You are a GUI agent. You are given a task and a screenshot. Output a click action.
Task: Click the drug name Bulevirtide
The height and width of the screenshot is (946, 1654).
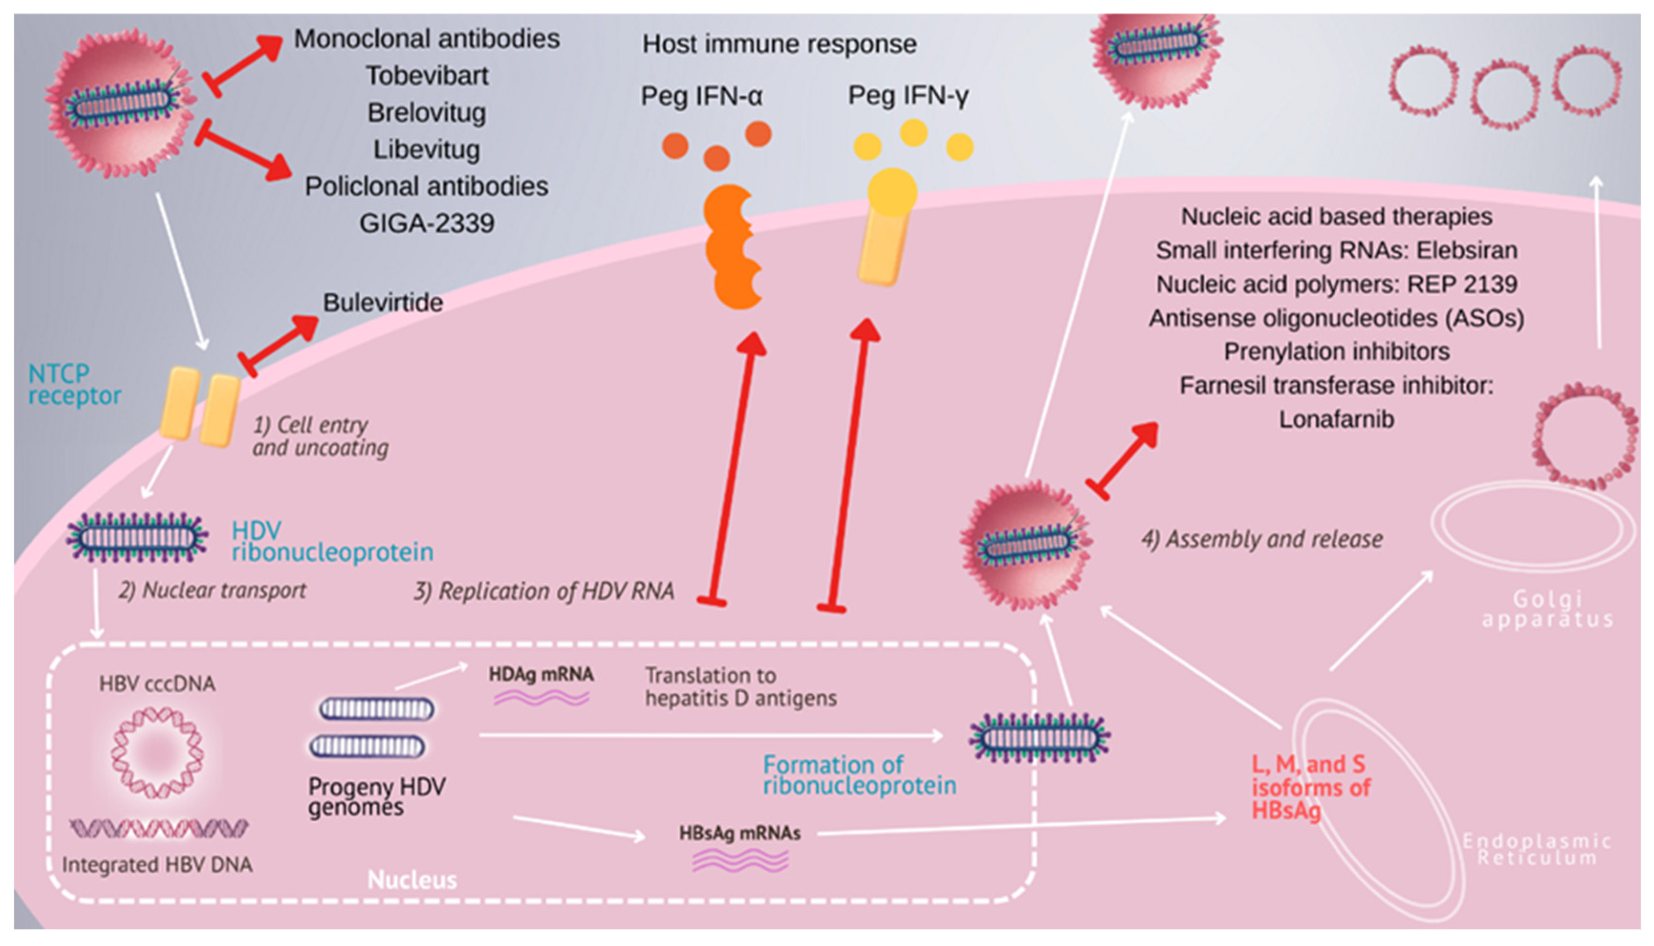pos(382,303)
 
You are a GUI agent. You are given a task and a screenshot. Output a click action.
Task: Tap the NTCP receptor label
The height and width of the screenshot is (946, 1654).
pos(74,384)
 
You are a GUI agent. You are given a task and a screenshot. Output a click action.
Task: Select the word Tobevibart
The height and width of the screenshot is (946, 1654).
pos(426,76)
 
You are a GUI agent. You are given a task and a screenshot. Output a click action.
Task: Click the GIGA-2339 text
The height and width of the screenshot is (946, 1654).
pos(426,224)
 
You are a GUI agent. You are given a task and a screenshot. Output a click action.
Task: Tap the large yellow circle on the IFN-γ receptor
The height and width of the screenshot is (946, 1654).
pos(892,192)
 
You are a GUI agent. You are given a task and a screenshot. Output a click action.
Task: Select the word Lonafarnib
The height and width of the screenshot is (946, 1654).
pos(1336,419)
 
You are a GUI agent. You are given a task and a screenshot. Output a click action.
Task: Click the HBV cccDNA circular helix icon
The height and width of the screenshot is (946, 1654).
pos(157,752)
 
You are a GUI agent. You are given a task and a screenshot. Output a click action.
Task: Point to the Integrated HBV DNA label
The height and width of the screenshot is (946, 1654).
pos(157,865)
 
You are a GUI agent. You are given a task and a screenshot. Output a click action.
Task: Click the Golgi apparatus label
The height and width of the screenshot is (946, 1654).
pos(1547,609)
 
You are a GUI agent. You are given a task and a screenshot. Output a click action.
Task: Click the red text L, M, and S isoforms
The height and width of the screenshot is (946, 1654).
pos(1309,787)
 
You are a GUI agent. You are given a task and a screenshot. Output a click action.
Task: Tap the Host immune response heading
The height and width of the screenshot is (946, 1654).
pos(778,44)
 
